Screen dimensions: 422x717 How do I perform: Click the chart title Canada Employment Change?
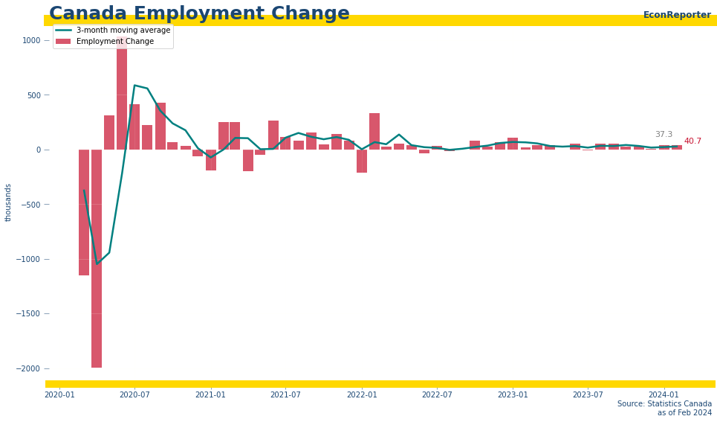(199, 14)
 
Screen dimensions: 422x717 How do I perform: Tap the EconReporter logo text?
(677, 15)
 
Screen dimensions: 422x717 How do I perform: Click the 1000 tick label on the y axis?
(31, 40)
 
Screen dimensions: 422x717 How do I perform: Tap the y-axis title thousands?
(9, 202)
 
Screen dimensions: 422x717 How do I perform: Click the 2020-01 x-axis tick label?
(59, 394)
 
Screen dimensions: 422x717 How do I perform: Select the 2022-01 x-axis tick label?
(362, 394)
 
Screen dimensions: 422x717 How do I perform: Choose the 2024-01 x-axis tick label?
(664, 394)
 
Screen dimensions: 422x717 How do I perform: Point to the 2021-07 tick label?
(285, 394)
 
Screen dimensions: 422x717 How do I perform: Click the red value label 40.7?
(692, 141)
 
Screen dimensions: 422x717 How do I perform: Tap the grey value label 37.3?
(664, 135)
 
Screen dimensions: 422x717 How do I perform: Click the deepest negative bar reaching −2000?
(97, 298)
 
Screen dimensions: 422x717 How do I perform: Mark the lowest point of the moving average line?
(97, 263)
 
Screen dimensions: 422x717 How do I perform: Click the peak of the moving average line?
(134, 86)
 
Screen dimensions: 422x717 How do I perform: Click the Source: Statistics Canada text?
(664, 404)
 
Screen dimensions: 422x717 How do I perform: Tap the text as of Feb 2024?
(684, 413)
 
